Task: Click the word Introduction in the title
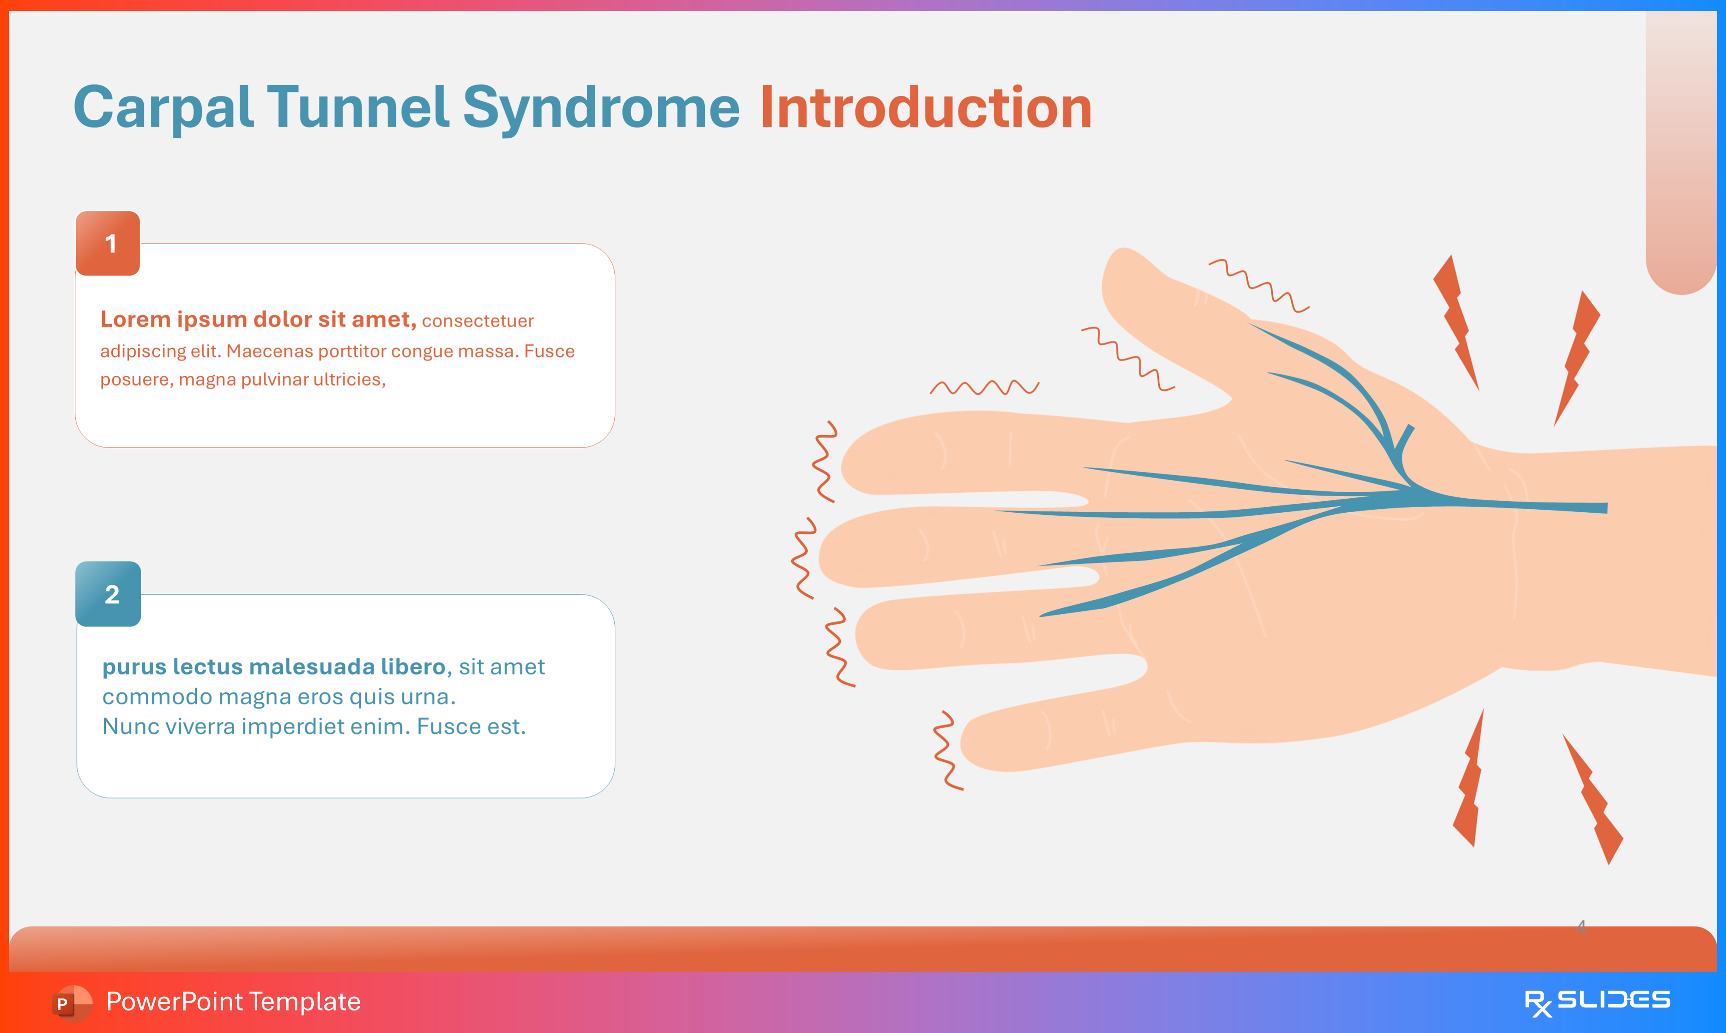click(925, 108)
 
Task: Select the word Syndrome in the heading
click(601, 108)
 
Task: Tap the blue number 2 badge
click(108, 594)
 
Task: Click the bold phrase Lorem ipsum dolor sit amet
click(258, 320)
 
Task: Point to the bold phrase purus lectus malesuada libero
click(273, 667)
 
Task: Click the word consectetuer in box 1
click(477, 321)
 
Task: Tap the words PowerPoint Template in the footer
click(233, 1002)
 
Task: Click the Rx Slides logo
click(1597, 1002)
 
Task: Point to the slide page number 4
click(1581, 926)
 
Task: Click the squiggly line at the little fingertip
click(946, 750)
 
